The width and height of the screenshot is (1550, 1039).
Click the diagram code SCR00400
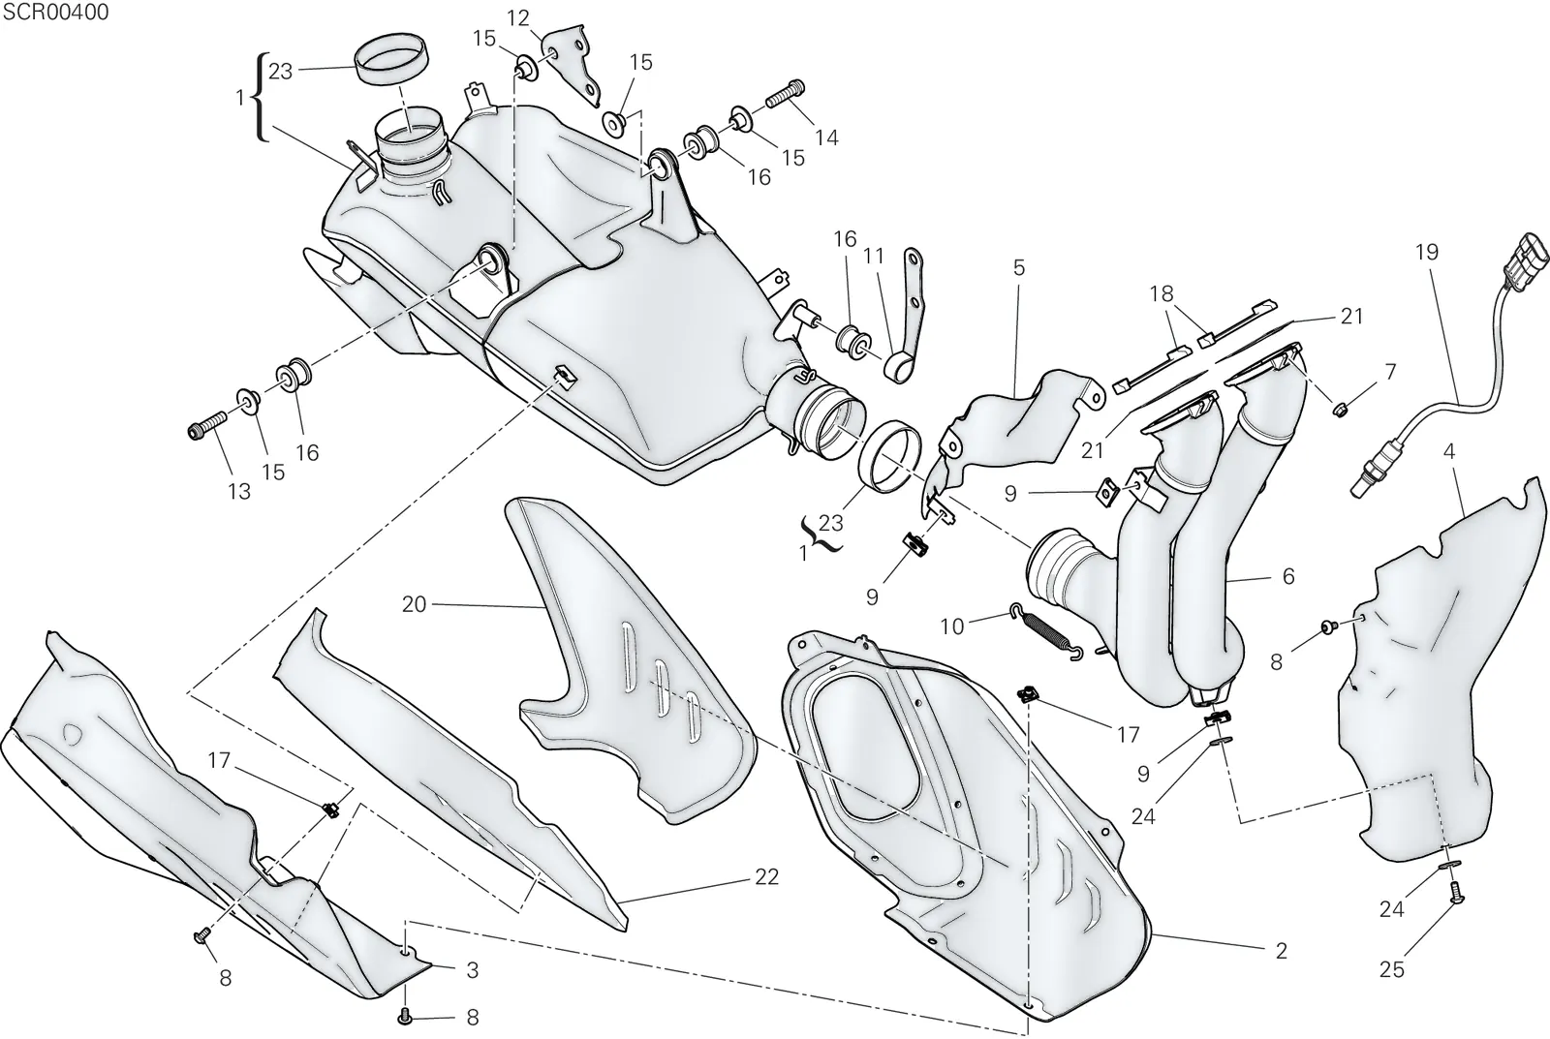56,13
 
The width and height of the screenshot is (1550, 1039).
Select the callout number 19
1426,253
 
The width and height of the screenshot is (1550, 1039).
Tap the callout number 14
826,138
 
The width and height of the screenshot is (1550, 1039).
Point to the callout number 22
766,877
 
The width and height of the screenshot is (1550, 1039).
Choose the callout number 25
1391,970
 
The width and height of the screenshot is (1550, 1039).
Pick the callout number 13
238,492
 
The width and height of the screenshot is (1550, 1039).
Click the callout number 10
951,626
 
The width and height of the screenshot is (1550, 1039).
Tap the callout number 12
517,18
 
